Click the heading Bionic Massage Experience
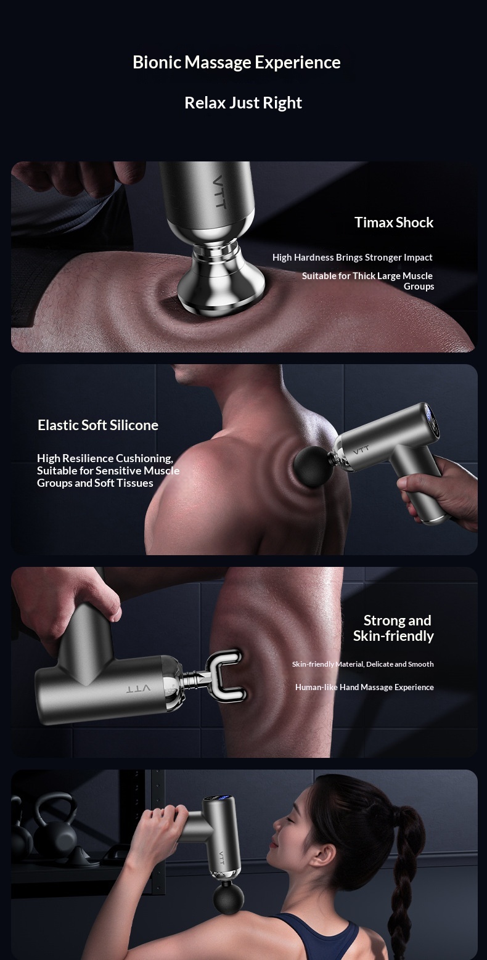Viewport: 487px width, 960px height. point(237,63)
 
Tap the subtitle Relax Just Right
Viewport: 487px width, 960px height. point(243,103)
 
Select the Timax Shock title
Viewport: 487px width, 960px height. point(394,222)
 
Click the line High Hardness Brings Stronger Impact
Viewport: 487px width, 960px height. point(353,257)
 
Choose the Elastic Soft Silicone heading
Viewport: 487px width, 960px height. point(98,425)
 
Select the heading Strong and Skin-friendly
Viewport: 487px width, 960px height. point(393,628)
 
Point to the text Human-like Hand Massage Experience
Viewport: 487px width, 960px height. point(364,687)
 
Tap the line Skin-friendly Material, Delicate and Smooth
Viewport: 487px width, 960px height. point(362,664)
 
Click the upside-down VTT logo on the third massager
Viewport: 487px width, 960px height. point(138,689)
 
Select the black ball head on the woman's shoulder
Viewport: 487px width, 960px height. point(229,899)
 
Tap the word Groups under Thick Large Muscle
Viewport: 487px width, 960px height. point(419,287)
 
